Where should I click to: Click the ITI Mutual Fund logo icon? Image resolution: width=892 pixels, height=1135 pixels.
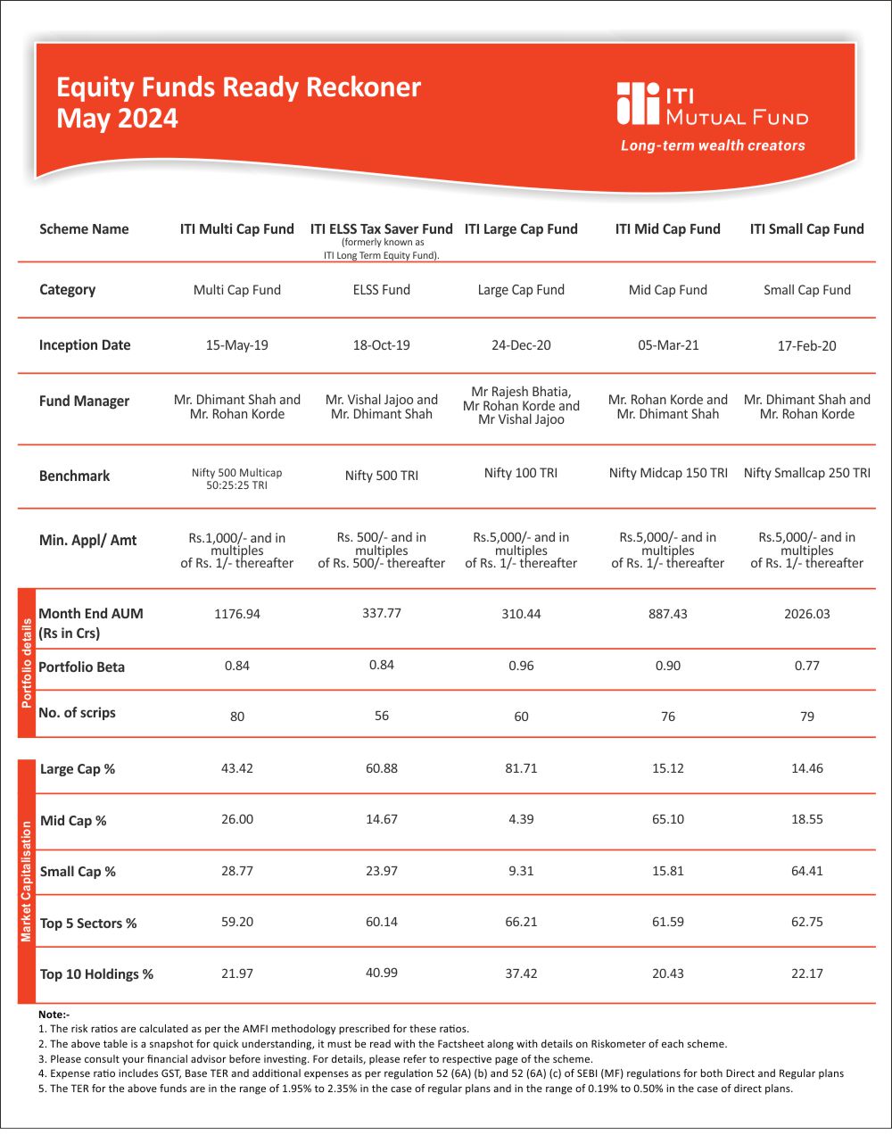point(637,104)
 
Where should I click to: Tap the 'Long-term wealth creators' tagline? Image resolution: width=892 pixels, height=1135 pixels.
point(713,145)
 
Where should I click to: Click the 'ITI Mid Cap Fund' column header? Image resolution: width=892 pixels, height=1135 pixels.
point(667,229)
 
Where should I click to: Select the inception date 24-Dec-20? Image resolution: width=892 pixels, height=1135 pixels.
point(521,345)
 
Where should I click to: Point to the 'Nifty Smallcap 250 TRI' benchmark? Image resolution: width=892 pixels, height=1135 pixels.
point(806,473)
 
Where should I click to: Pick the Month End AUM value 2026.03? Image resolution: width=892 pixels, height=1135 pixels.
point(806,614)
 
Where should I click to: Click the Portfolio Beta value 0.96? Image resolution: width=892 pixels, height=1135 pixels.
point(521,666)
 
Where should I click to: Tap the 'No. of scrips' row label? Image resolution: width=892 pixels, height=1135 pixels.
point(78,713)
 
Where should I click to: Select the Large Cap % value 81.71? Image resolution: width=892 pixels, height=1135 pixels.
point(521,768)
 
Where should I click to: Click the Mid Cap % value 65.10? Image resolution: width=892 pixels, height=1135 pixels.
point(667,819)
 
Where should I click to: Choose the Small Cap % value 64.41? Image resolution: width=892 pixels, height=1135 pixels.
point(806,871)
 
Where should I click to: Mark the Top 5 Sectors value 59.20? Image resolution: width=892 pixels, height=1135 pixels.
point(237,922)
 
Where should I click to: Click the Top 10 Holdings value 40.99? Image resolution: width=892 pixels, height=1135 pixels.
point(382,973)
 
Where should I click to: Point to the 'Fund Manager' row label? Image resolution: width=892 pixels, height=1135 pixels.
point(84,402)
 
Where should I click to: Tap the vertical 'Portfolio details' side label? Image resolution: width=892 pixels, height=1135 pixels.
point(27,663)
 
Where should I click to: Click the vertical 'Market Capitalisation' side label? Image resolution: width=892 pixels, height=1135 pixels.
point(27,881)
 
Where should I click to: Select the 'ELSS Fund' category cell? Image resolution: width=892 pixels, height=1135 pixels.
point(382,290)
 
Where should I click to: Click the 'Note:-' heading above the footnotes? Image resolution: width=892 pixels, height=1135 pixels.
point(54,1015)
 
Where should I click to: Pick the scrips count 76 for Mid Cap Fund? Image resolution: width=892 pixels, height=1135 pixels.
point(668,717)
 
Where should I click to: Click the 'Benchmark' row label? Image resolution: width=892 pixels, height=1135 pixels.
point(75,476)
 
